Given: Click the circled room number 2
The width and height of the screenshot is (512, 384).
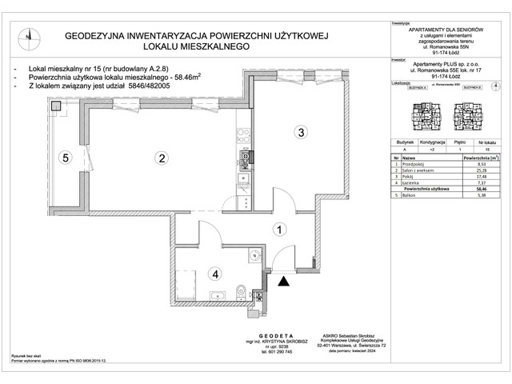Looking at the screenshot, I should (162, 158).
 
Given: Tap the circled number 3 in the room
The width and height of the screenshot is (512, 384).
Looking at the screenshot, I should (300, 132).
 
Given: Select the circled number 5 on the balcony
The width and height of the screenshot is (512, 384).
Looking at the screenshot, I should (68, 158).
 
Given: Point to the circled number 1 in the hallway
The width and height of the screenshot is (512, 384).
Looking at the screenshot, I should (278, 230).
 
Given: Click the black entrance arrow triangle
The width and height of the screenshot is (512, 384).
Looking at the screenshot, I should (282, 280).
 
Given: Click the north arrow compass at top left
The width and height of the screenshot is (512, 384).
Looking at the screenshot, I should (29, 36).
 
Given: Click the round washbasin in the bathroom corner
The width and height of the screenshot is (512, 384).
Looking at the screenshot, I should (254, 255).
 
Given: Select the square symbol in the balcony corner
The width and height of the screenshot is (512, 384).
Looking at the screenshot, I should (57, 105).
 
